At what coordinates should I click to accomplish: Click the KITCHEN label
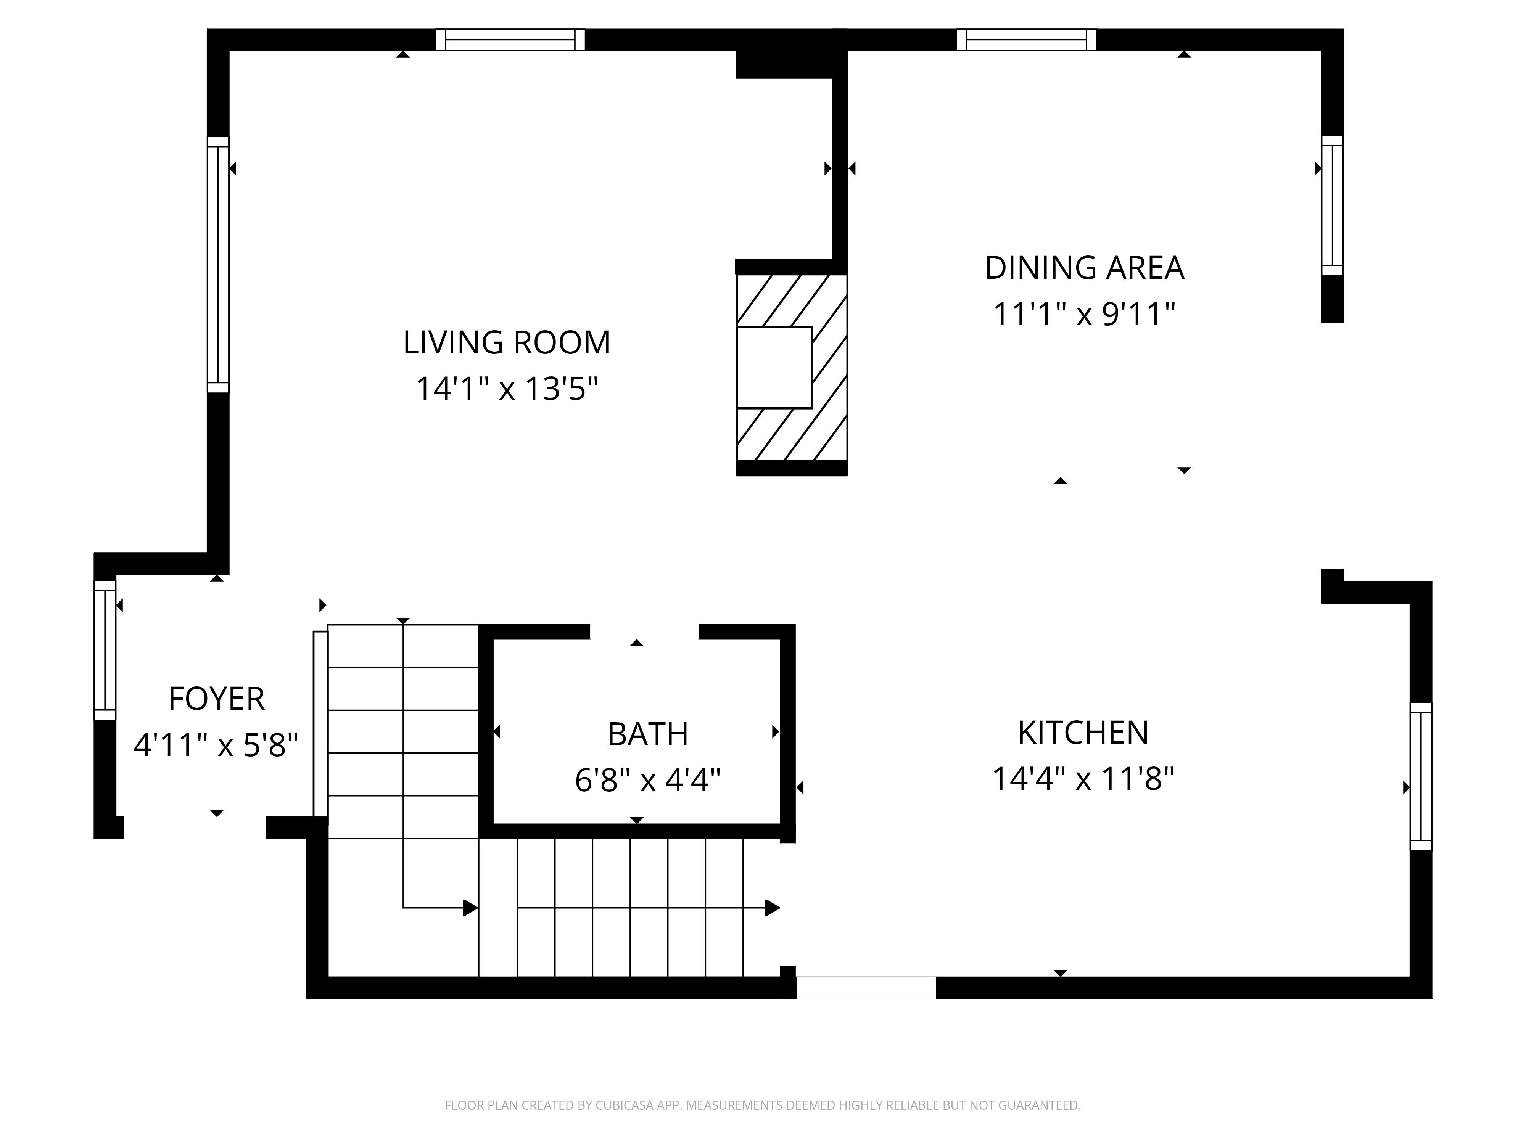click(1083, 732)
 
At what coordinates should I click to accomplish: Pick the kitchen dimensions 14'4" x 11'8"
click(1083, 779)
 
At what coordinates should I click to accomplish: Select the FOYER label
click(217, 699)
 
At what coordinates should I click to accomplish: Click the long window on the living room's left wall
click(218, 265)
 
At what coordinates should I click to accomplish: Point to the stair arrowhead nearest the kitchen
click(773, 908)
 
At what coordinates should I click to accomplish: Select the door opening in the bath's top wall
click(644, 631)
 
